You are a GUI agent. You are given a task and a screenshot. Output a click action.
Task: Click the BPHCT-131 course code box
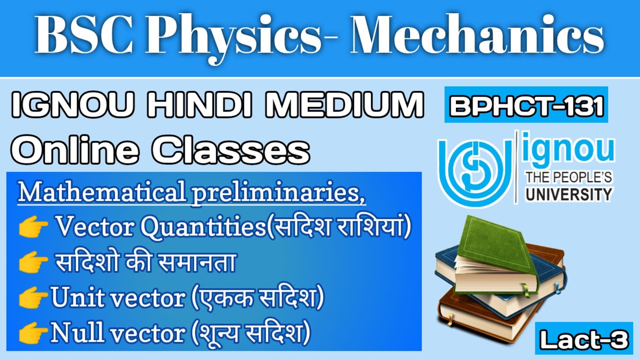526,105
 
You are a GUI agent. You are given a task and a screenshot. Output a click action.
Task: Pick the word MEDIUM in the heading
357,107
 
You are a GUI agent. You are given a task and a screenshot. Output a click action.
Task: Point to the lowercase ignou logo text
567,150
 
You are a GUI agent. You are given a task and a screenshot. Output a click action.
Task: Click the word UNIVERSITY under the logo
567,193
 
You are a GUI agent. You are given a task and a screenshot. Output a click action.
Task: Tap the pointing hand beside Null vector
33,332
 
